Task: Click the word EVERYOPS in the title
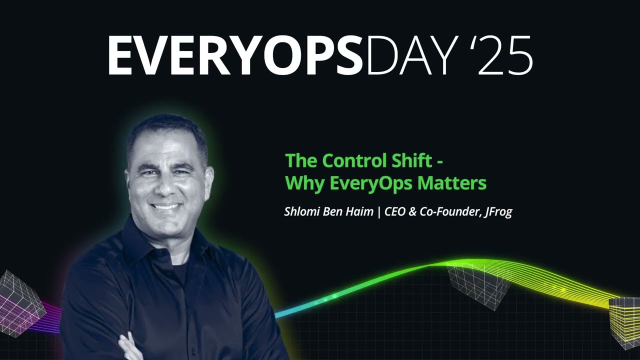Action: [x=235, y=55]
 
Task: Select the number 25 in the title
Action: [x=505, y=55]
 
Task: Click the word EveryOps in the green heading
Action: [x=371, y=183]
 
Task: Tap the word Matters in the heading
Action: [x=452, y=183]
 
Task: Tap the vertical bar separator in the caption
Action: [x=379, y=212]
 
